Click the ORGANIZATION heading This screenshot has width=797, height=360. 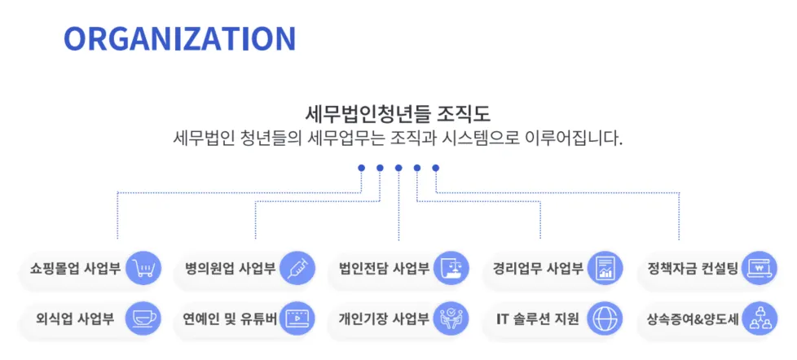pyautogui.click(x=179, y=38)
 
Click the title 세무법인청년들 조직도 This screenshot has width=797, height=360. pyautogui.click(x=398, y=112)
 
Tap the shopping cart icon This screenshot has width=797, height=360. pyautogui.click(x=143, y=268)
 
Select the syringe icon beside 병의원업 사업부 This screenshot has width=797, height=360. pyautogui.click(x=297, y=268)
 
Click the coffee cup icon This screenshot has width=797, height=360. pyautogui.click(x=143, y=318)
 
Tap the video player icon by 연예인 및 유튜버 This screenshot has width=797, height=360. pyautogui.click(x=297, y=318)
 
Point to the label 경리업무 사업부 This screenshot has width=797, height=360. pyautogui.click(x=538, y=268)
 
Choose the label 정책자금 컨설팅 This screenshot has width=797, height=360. pyautogui.click(x=692, y=268)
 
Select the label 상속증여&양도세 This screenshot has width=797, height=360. pyautogui.click(x=692, y=318)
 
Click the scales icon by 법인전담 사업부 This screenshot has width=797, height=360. pyautogui.click(x=451, y=268)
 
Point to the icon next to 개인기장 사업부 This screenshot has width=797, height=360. pyautogui.click(x=451, y=318)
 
